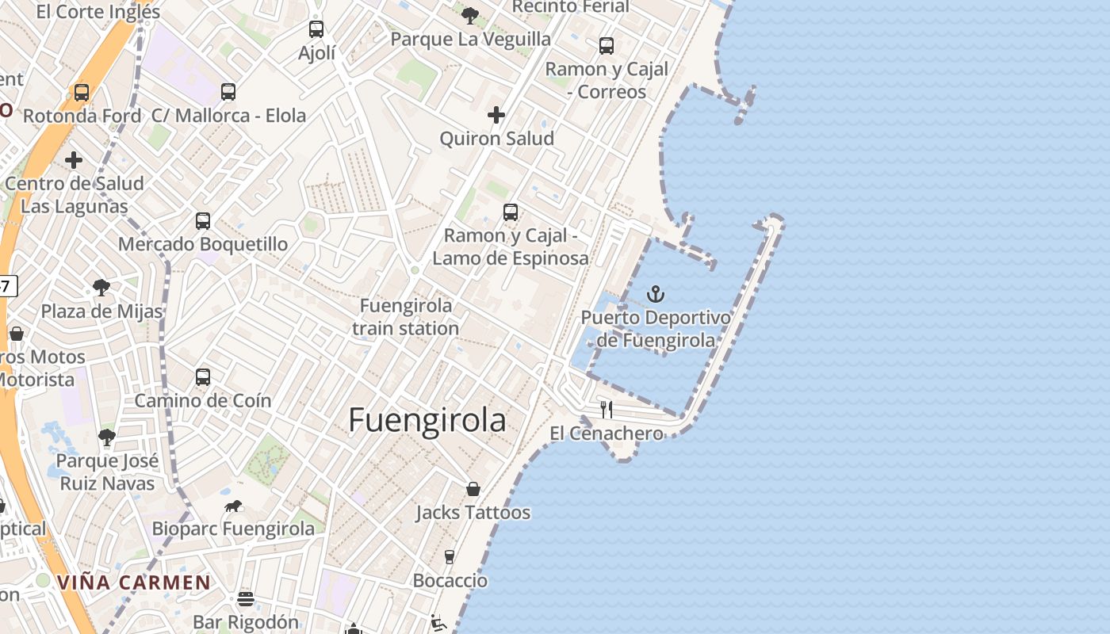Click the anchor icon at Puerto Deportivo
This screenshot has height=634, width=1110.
655,295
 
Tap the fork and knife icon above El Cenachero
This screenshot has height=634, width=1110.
607,410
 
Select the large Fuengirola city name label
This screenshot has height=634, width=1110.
427,420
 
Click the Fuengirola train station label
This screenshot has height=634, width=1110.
405,317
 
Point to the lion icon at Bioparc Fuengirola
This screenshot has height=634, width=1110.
233,506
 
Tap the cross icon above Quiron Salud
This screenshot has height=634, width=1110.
496,115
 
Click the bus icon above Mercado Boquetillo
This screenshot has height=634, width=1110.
203,220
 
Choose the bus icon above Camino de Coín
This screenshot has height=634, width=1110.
203,377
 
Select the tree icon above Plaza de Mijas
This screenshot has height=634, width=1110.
101,287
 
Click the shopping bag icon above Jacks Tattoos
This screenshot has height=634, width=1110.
473,489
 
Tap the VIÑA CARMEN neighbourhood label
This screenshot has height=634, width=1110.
134,583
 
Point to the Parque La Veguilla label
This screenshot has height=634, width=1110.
471,39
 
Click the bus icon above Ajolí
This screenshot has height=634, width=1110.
316,30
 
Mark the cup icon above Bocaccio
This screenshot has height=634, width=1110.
450,557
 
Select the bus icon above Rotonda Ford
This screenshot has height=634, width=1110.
82,93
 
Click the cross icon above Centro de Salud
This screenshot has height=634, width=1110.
74,161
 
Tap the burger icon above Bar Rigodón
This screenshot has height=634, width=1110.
246,599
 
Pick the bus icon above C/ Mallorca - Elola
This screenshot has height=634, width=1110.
228,92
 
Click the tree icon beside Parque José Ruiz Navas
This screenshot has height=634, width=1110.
107,437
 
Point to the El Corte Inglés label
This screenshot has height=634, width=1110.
98,12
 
